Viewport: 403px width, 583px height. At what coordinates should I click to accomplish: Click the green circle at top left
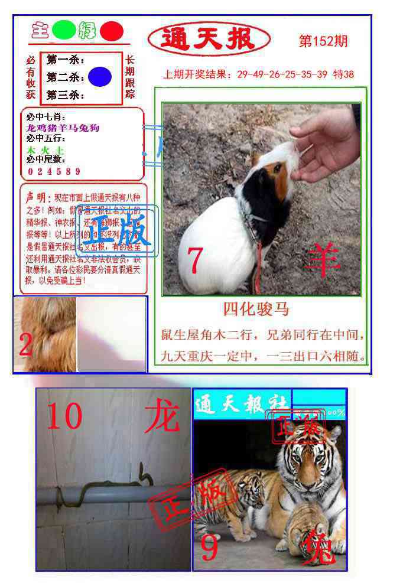63,31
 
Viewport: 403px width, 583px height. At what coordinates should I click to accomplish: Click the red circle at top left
111,31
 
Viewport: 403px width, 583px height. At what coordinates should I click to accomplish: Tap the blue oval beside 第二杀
100,77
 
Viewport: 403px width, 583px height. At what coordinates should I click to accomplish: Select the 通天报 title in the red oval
208,40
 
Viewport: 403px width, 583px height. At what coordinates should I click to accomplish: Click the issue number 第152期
323,41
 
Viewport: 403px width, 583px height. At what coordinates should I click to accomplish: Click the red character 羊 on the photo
324,258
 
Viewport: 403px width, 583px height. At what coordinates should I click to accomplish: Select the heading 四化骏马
256,309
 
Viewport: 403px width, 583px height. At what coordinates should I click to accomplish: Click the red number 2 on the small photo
25,345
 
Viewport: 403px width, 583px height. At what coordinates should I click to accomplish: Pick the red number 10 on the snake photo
64,416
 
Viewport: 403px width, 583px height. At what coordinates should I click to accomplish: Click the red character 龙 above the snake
161,416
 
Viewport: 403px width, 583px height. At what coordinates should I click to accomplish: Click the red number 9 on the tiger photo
210,548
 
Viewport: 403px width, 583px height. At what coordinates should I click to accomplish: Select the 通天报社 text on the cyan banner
241,404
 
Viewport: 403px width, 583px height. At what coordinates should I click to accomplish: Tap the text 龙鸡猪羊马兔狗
63,128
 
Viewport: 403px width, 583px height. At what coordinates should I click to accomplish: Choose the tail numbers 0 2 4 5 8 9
54,172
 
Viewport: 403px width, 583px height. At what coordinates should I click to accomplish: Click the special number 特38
344,74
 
